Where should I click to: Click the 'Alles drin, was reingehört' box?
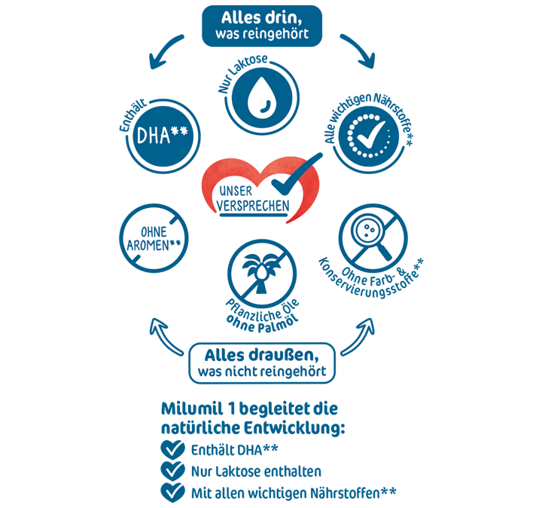(261, 25)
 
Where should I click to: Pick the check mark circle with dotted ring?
(364, 138)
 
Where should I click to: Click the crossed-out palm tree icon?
(257, 272)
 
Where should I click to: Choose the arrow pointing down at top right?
(358, 49)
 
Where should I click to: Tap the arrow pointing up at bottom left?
(167, 336)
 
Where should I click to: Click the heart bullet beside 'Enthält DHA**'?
(173, 450)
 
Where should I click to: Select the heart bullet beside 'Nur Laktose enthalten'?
(173, 471)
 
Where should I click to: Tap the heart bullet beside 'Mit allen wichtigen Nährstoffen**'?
(173, 492)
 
